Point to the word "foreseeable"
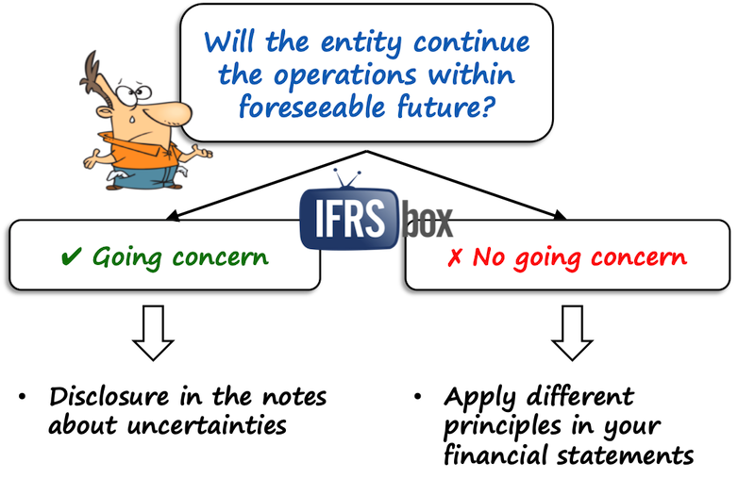[310, 107]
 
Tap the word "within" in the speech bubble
[480, 75]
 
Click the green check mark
[70, 256]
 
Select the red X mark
[455, 256]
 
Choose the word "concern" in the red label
[641, 256]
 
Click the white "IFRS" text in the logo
[344, 220]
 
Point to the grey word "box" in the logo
[424, 223]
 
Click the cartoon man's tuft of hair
[94, 71]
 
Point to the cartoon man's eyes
[140, 92]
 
